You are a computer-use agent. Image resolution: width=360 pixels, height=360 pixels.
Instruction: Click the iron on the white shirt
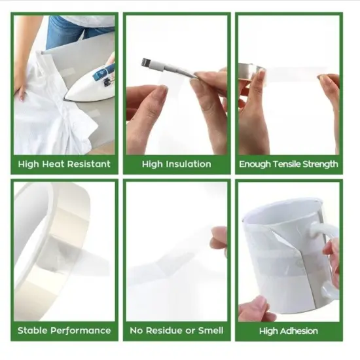coord(90,84)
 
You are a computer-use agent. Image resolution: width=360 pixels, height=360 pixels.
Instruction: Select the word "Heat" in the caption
coord(54,164)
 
